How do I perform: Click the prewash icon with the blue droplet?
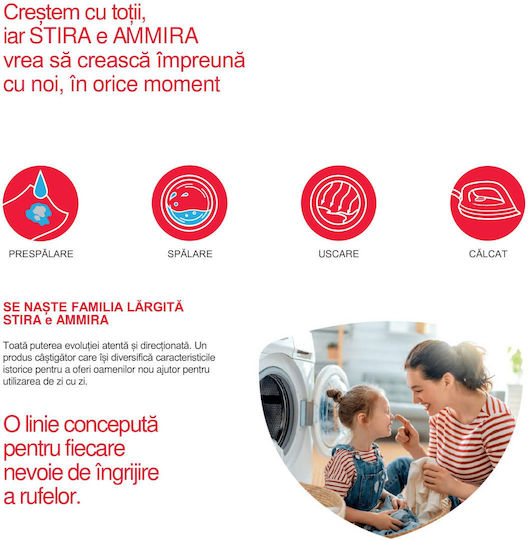click(40, 203)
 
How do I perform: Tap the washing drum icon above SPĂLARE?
click(189, 203)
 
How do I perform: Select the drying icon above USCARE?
click(339, 203)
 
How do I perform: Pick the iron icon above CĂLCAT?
click(488, 203)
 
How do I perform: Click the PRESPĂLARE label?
click(41, 254)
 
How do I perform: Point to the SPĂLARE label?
click(190, 254)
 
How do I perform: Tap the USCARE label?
click(339, 254)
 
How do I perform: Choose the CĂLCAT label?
click(488, 254)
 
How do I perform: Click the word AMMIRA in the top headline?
click(156, 36)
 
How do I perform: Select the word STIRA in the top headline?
click(60, 36)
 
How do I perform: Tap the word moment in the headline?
click(182, 84)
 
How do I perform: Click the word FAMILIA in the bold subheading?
click(96, 307)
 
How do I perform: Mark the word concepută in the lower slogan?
click(111, 426)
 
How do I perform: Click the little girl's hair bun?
click(334, 395)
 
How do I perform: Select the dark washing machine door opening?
click(276, 410)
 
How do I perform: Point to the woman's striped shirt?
click(474, 444)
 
